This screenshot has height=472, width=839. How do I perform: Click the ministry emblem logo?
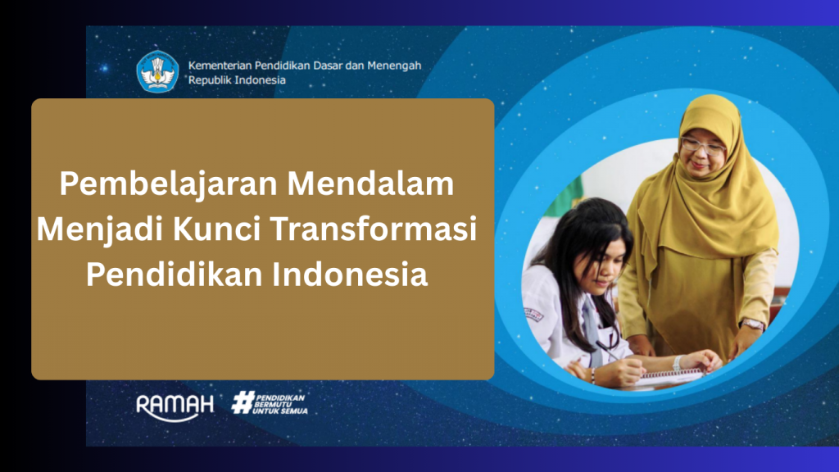(x=157, y=72)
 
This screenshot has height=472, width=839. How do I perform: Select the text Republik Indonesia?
(x=237, y=79)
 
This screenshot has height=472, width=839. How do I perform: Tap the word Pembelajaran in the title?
(x=169, y=184)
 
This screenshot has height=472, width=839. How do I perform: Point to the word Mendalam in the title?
(x=371, y=183)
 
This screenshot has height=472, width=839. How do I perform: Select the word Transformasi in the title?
(x=374, y=229)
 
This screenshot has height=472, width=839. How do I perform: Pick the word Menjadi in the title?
(x=100, y=230)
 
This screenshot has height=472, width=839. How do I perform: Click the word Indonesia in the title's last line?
(x=350, y=274)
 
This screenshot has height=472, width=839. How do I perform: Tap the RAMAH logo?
(x=175, y=407)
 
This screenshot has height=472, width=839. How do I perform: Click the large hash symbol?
(x=243, y=402)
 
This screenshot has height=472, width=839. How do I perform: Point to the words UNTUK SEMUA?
(x=280, y=411)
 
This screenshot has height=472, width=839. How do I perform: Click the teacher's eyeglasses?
(x=703, y=146)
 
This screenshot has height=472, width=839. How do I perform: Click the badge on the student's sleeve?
(x=533, y=314)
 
